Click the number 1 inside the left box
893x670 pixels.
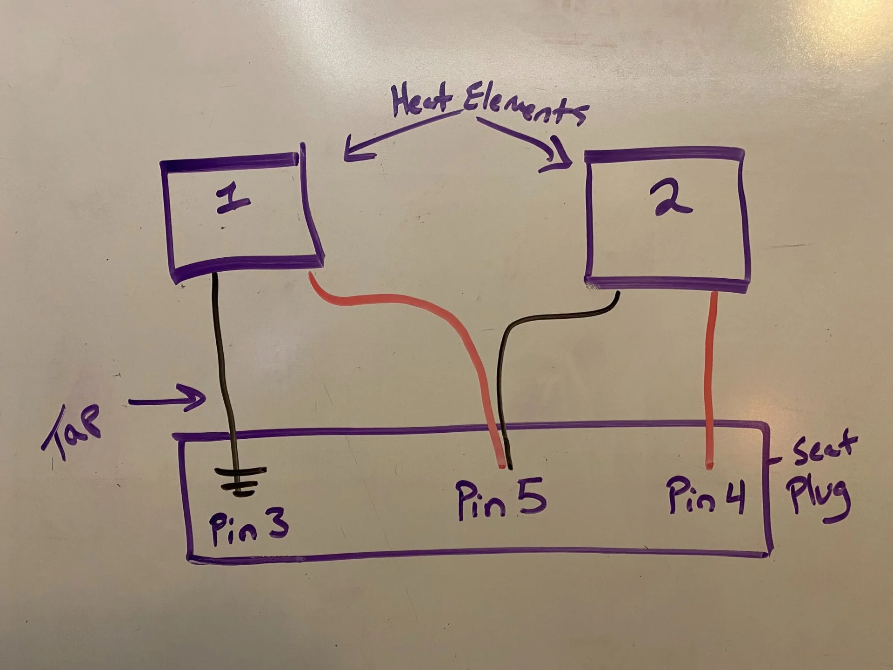pyautogui.click(x=233, y=201)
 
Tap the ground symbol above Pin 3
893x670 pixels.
pyautogui.click(x=240, y=482)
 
